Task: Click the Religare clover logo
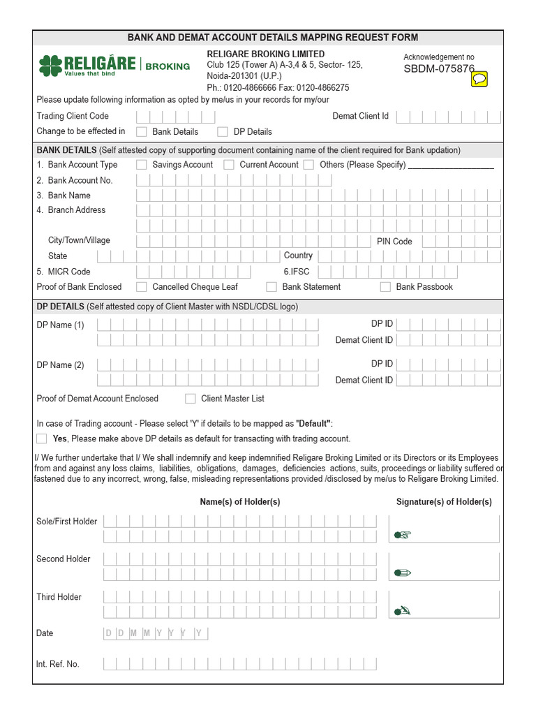[50, 66]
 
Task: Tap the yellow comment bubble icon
[479, 79]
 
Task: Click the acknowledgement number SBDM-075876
[439, 69]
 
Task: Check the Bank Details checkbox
[142, 131]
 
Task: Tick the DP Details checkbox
[223, 131]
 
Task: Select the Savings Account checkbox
[142, 165]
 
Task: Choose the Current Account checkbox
[229, 165]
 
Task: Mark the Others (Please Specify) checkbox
[309, 165]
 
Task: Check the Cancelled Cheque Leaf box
[142, 287]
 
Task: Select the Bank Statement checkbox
[271, 287]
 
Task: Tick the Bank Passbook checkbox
[385, 287]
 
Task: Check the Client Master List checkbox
[191, 399]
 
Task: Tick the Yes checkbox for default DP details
[42, 438]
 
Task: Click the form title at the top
[273, 38]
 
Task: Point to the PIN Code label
[394, 242]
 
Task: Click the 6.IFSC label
[297, 272]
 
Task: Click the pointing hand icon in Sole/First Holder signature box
[403, 535]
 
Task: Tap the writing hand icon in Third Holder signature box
[403, 610]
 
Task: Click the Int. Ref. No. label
[58, 664]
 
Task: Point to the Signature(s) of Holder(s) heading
[444, 502]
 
